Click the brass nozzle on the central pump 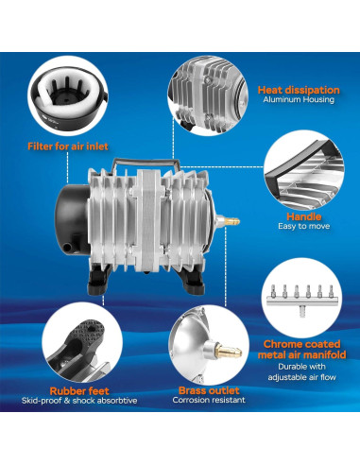[x=231, y=221]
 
